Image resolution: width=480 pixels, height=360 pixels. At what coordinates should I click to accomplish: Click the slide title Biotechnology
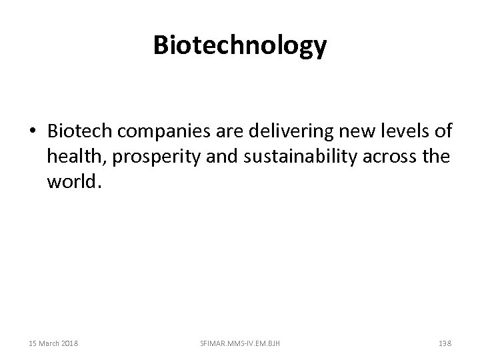240,46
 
